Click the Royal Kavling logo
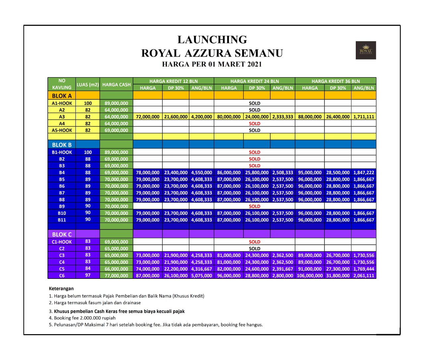366,50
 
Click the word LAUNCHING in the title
212,40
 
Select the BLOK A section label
62,96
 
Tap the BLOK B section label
62,145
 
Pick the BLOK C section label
62,234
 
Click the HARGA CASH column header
116,84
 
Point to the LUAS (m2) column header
88,84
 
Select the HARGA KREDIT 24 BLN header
254,81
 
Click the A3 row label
62,117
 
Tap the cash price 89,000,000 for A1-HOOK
116,103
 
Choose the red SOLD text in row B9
254,206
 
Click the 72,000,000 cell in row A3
148,117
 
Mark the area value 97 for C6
88,275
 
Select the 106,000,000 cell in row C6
310,276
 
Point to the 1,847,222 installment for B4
364,173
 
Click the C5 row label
62,269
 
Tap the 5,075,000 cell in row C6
201,276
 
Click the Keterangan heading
61,288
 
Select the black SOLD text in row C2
254,248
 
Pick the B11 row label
62,220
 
